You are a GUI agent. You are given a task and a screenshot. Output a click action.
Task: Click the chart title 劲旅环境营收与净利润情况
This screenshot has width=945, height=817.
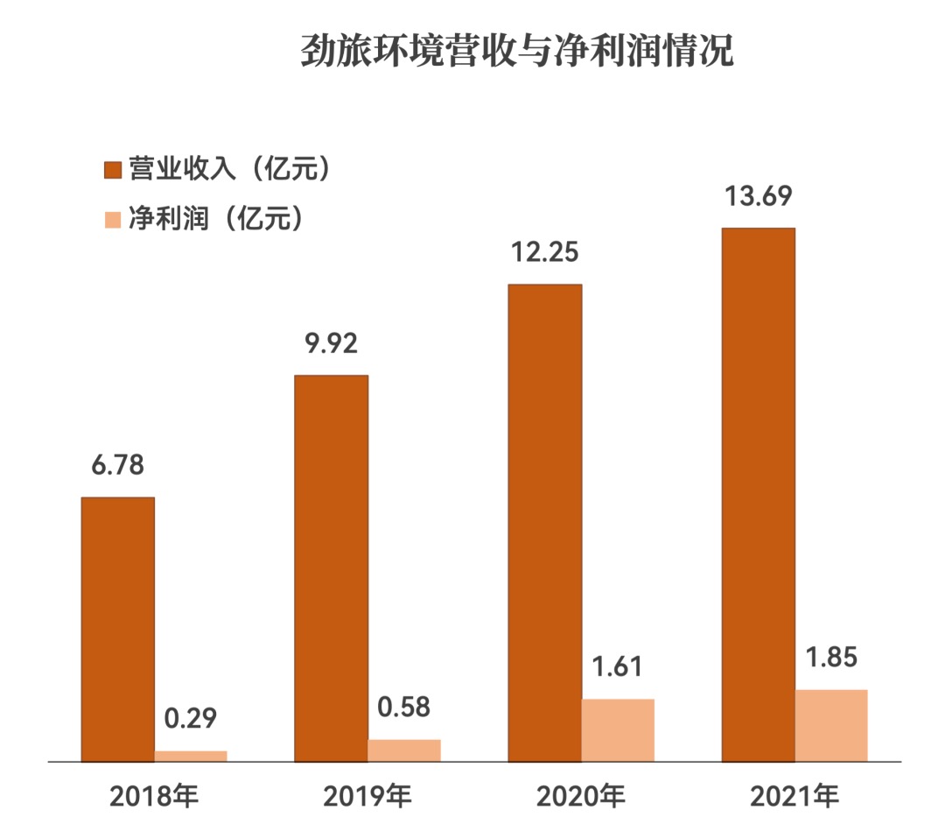pyautogui.click(x=516, y=53)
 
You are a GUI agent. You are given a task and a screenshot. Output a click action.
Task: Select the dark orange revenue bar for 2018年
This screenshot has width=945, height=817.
pyautogui.click(x=118, y=629)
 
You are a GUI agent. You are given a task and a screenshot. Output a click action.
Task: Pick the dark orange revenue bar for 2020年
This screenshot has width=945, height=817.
pyautogui.click(x=544, y=522)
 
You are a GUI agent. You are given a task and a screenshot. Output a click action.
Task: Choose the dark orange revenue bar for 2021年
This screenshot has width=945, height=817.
pyautogui.click(x=758, y=494)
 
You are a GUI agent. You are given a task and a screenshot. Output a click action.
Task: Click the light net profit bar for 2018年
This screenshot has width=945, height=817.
pyautogui.click(x=191, y=756)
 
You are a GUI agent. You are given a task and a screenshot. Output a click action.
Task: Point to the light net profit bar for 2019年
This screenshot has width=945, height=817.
pyautogui.click(x=404, y=750)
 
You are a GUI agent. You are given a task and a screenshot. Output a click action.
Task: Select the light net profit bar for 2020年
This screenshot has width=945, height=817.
pyautogui.click(x=618, y=729)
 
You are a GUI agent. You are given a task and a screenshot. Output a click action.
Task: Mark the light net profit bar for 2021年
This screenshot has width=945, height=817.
pyautogui.click(x=831, y=725)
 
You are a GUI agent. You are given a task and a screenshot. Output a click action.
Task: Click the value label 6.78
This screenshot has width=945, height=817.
pyautogui.click(x=118, y=464)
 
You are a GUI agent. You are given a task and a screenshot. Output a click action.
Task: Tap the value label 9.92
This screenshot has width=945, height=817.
pyautogui.click(x=331, y=342)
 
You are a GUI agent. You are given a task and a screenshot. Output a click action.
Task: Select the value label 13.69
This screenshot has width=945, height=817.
pyautogui.click(x=758, y=195)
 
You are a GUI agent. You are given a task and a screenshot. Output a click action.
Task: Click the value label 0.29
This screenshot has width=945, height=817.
pyautogui.click(x=191, y=718)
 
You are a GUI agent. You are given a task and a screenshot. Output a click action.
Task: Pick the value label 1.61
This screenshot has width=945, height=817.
pyautogui.click(x=618, y=666)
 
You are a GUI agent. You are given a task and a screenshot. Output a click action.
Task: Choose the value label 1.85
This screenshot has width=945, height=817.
pyautogui.click(x=831, y=657)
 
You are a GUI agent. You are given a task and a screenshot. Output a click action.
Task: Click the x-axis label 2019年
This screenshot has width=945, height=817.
pyautogui.click(x=367, y=796)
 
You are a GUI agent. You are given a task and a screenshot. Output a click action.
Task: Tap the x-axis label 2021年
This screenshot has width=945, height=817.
pyautogui.click(x=794, y=796)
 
